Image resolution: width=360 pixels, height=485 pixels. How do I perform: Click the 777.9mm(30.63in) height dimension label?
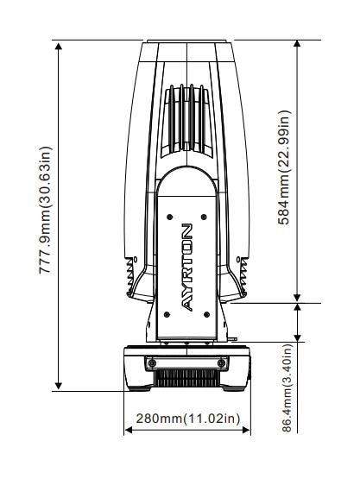tap(46, 210)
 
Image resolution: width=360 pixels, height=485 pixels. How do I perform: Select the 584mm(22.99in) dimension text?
tap(284, 167)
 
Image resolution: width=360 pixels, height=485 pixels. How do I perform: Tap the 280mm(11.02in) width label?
tap(188, 419)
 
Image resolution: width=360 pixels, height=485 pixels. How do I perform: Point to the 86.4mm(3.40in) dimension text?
tap(287, 387)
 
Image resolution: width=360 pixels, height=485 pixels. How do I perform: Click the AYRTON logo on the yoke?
tap(186, 268)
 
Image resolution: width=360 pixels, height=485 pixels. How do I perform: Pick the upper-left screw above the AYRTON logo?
tap(169, 217)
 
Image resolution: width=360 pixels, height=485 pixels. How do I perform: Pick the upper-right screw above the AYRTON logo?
tap(204, 217)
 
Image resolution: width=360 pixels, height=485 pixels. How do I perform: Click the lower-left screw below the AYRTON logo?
tap(167, 315)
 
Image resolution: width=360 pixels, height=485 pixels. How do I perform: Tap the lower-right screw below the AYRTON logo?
tap(207, 315)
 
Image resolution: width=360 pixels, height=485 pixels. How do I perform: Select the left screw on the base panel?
tap(152, 362)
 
